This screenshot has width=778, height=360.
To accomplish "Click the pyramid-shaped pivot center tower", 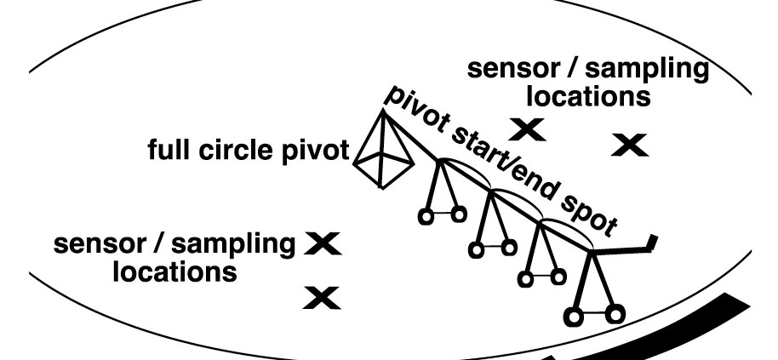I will click(383, 153).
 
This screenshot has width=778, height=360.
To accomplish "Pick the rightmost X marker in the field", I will click(629, 145).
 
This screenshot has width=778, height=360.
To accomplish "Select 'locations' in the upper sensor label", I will click(586, 95).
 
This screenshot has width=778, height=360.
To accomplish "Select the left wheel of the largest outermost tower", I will click(573, 317).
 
